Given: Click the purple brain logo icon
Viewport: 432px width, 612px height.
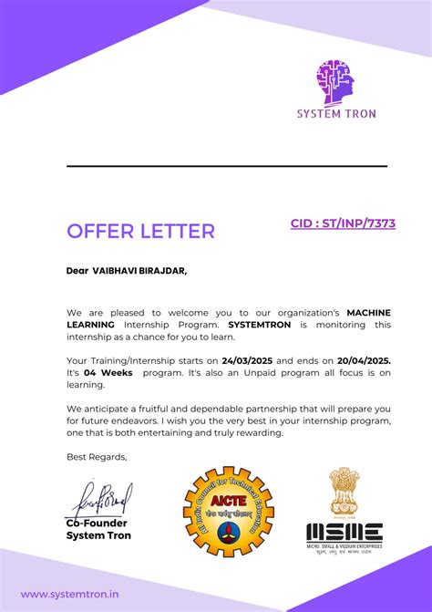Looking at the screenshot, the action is pyautogui.click(x=334, y=81).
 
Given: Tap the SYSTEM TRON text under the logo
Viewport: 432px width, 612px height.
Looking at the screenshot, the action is pyautogui.click(x=335, y=114).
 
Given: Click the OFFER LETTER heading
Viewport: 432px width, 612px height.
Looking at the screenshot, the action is pyautogui.click(x=140, y=231).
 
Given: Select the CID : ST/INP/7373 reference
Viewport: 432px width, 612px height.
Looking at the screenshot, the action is pyautogui.click(x=343, y=223).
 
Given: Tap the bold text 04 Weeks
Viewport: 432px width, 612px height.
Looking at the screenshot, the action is pyautogui.click(x=108, y=373).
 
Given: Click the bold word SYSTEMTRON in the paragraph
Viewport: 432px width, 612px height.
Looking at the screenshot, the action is pyautogui.click(x=257, y=324).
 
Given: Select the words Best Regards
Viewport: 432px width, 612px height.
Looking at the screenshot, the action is pyautogui.click(x=97, y=457).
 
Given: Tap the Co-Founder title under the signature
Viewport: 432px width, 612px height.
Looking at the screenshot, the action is pyautogui.click(x=97, y=524).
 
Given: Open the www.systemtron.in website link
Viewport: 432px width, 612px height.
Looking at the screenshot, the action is pyautogui.click(x=69, y=594).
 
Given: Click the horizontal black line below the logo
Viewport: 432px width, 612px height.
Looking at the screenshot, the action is pyautogui.click(x=227, y=166).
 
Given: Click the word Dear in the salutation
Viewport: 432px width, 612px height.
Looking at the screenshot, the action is pyautogui.click(x=77, y=270).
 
